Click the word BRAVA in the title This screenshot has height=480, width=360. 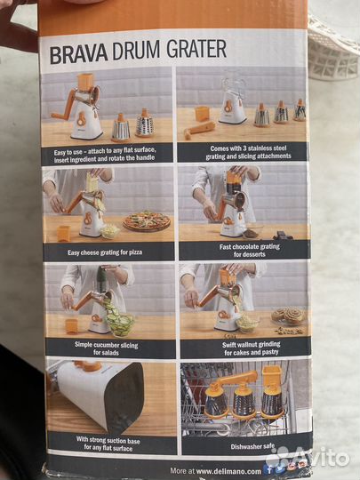point(79,54)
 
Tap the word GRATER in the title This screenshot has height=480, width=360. point(196,49)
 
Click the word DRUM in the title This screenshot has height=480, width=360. point(137,52)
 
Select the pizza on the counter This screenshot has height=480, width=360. point(147,220)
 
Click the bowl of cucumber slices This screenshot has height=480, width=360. point(120,323)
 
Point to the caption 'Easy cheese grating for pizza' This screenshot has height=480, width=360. point(105,252)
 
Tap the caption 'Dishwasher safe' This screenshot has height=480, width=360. point(252,446)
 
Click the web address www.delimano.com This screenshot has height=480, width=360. point(228,471)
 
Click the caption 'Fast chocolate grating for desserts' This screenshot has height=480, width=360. point(250,250)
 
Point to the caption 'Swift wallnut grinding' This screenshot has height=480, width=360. point(251,345)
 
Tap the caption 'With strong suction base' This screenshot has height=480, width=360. point(108,440)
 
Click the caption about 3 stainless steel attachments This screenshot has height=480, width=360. point(248,153)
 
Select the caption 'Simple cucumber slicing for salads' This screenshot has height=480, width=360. point(107,348)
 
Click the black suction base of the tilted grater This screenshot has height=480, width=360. point(125,397)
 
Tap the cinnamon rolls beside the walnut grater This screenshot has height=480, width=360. point(288,316)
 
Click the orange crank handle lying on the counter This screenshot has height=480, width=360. point(199,130)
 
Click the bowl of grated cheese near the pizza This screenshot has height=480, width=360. point(110,231)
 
